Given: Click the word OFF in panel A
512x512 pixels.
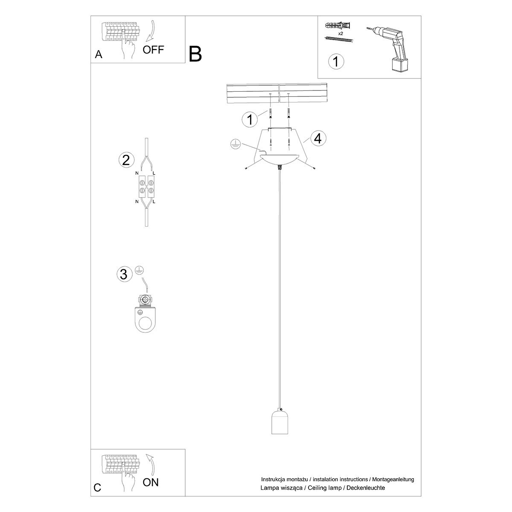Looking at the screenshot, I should click(153, 49).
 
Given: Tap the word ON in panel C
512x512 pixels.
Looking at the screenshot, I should click(151, 482).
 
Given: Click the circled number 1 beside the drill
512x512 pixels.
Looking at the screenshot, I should click(336, 61).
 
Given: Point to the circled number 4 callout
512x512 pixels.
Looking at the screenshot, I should click(318, 138).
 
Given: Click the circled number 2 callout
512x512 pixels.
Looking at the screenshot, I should click(125, 160).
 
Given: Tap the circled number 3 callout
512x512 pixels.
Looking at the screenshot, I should click(124, 274).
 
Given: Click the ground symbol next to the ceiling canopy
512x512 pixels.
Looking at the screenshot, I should click(234, 144).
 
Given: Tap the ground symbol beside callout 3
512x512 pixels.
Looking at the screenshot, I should click(139, 270).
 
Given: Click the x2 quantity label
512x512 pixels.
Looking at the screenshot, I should click(341, 33).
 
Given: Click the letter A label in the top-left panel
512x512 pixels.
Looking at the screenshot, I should click(99, 55).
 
